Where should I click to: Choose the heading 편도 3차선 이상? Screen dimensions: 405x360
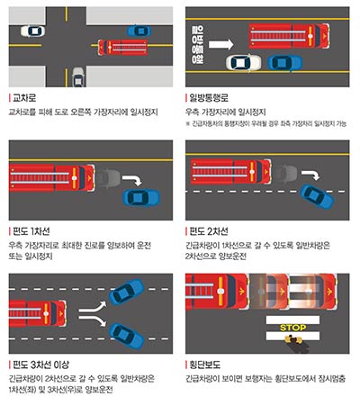tap(38, 363)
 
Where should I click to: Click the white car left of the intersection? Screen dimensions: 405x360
tap(32, 31)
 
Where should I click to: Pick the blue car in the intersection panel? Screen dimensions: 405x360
tap(138, 31)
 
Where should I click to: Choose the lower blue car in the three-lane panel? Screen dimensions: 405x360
tap(123, 335)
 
